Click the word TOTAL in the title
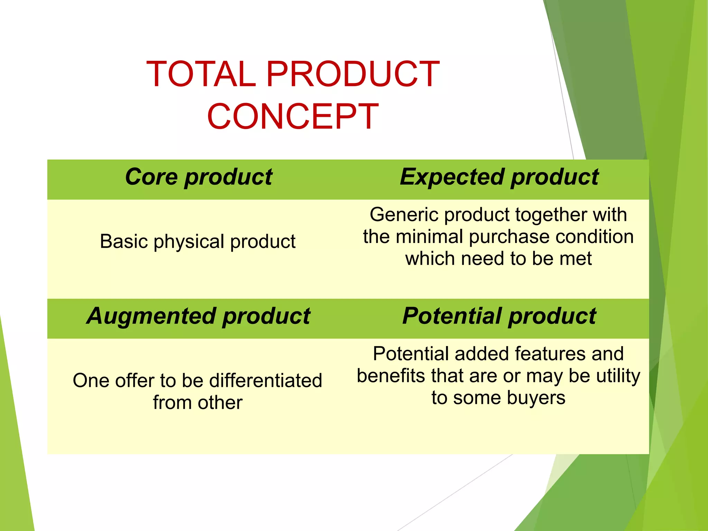(x=201, y=74)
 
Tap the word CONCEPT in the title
(x=293, y=117)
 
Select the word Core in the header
(x=151, y=177)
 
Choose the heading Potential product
(x=499, y=316)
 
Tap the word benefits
(x=391, y=376)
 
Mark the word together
(x=551, y=215)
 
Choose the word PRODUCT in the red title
(x=353, y=74)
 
